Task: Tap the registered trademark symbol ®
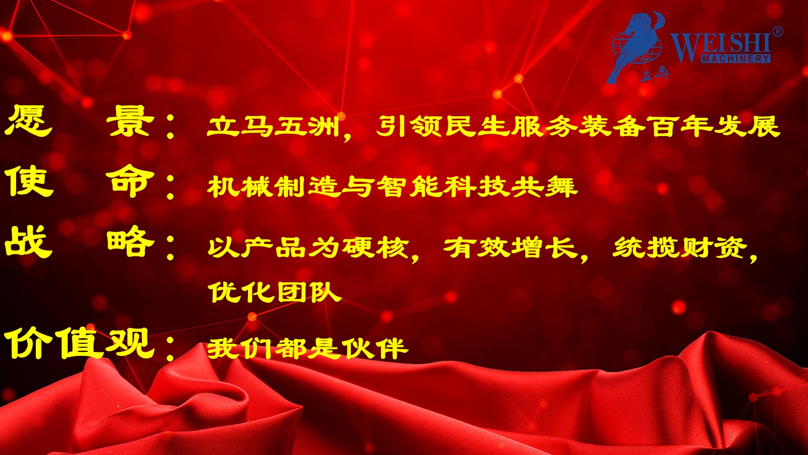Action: pos(778,31)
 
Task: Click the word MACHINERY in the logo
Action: pos(736,59)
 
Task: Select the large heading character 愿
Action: pos(29,121)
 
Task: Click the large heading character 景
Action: pos(130,121)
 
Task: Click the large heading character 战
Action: pos(29,241)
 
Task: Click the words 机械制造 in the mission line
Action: pos(274,187)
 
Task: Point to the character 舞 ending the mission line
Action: pos(561,187)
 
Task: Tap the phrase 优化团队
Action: pos(275,292)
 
